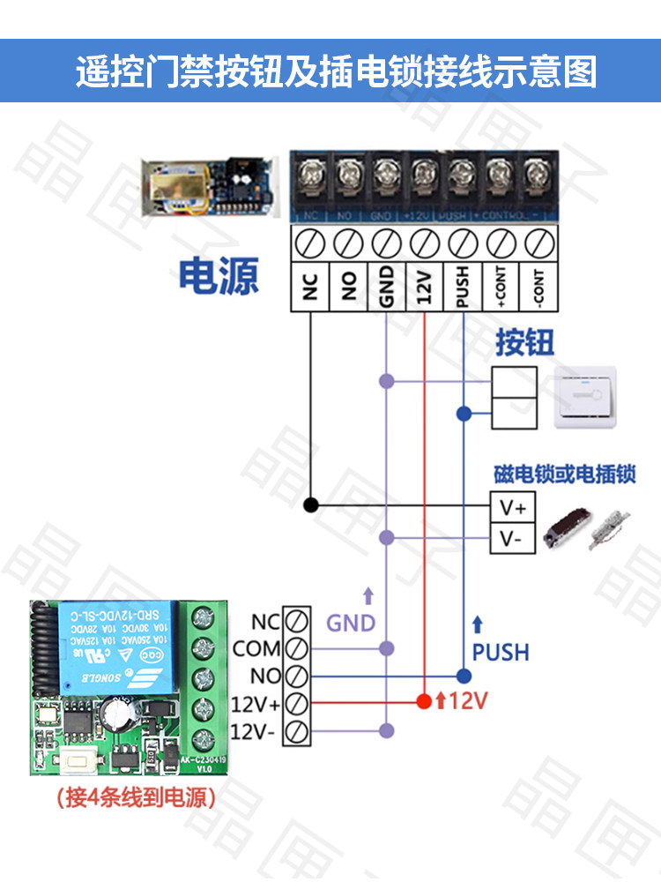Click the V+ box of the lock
pos(512,508)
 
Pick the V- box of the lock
pos(512,538)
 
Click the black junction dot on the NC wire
pos(310,505)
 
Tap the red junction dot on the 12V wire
pos(424,702)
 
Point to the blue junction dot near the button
pos(463,414)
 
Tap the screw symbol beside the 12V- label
pos(297,731)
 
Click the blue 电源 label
pos(219,277)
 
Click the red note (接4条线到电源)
pos(135,799)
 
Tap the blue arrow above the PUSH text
pos(478,625)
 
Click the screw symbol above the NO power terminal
pos(348,240)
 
